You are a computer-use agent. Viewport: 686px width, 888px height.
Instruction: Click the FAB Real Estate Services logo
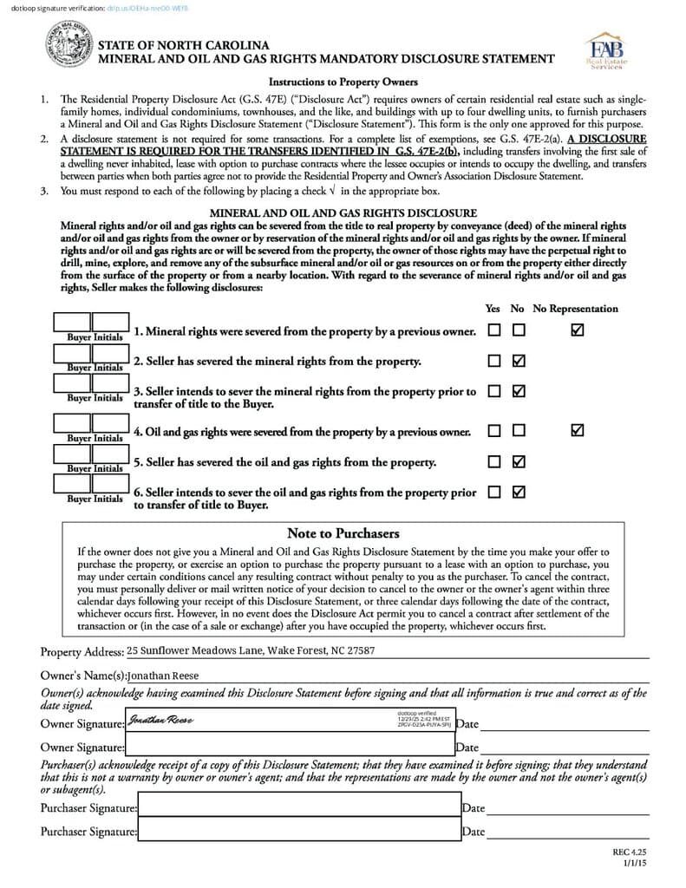click(x=607, y=52)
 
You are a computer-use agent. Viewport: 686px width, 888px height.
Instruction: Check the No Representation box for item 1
click(x=578, y=330)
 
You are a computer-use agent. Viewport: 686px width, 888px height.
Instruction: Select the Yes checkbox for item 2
click(x=493, y=361)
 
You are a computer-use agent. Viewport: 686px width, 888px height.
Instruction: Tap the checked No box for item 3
click(x=519, y=391)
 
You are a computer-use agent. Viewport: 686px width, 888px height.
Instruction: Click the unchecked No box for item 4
click(x=519, y=430)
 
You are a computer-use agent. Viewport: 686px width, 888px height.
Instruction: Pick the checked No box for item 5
click(x=519, y=461)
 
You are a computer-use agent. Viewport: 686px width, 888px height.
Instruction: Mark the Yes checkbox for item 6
click(x=493, y=492)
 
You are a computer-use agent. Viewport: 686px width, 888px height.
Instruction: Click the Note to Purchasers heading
click(x=343, y=533)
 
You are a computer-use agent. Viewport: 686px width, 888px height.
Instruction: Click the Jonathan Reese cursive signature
click(x=160, y=721)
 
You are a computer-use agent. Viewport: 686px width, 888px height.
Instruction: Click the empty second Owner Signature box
click(x=290, y=745)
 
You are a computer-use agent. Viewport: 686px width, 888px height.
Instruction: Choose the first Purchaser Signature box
click(x=299, y=808)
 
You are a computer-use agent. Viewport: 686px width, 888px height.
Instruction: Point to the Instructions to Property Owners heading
click(x=343, y=82)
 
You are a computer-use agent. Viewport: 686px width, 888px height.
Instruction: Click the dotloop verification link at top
click(x=145, y=8)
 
